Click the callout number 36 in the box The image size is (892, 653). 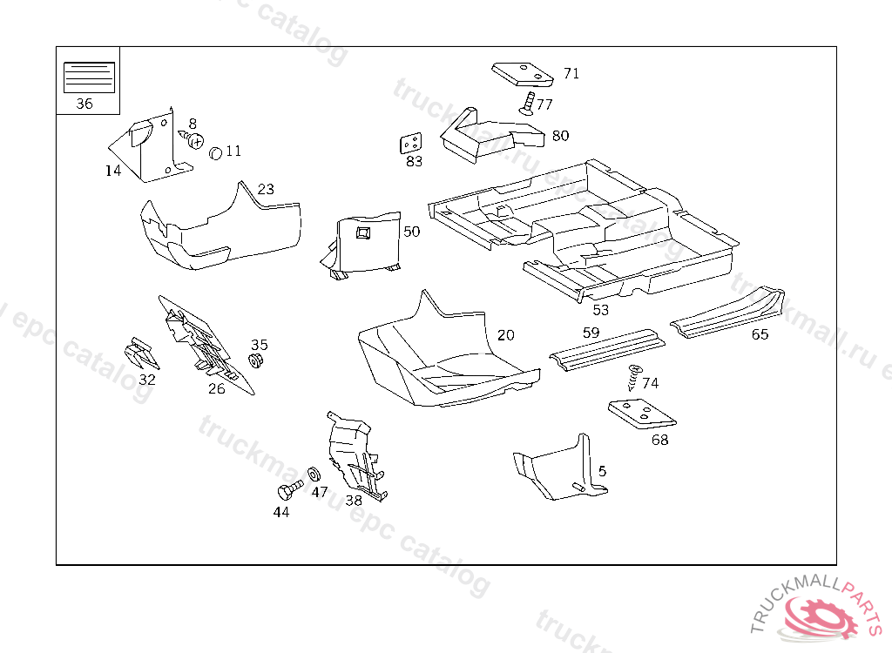[x=84, y=104]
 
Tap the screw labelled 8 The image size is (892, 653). [x=194, y=138]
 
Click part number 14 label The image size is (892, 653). [x=113, y=171]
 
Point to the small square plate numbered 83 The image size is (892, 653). [x=411, y=144]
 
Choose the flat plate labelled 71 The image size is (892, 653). [x=523, y=74]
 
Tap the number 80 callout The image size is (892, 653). [x=560, y=136]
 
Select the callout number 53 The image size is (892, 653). [x=601, y=310]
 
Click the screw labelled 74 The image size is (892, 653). [x=633, y=378]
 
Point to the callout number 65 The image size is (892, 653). [x=760, y=334]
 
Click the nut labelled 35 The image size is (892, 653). [x=256, y=361]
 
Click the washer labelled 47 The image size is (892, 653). [x=314, y=475]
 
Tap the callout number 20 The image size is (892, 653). [x=506, y=335]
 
